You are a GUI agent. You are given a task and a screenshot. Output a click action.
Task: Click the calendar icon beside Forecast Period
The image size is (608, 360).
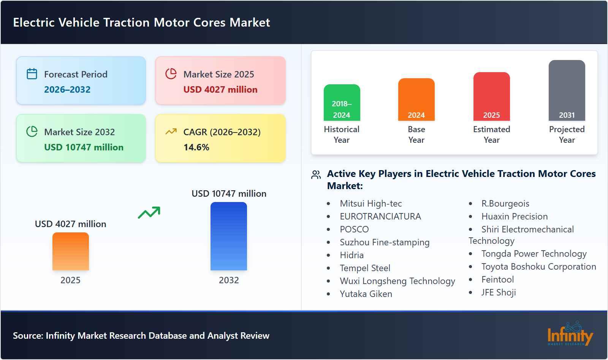click(x=32, y=74)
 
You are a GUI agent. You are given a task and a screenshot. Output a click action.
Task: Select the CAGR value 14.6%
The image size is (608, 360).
click(x=196, y=147)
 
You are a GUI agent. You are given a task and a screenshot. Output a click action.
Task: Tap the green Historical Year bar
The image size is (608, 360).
click(x=342, y=103)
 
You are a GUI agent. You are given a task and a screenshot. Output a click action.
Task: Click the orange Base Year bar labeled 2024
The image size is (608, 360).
click(x=416, y=99)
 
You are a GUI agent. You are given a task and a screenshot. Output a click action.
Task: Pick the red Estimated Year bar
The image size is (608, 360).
click(x=491, y=96)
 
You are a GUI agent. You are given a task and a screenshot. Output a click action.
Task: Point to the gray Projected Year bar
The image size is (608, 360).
click(x=567, y=90)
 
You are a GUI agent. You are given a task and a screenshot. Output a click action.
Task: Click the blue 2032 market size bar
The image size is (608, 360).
click(x=229, y=236)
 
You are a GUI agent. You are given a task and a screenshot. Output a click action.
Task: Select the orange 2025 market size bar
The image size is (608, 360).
click(x=71, y=251)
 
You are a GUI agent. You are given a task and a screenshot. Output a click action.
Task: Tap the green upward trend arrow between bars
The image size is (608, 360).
click(x=149, y=213)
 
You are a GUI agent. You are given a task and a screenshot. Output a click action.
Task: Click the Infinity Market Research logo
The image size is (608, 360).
click(x=570, y=334)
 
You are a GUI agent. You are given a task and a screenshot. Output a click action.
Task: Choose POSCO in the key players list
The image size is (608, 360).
click(x=354, y=229)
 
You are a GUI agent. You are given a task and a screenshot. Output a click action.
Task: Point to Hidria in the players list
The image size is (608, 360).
click(x=351, y=255)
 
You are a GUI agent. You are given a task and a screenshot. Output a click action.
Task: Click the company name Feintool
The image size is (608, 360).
click(x=497, y=279)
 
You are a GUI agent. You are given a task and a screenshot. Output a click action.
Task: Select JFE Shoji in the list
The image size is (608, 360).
click(x=499, y=292)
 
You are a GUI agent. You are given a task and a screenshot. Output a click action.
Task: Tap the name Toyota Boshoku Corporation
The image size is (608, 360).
click(x=538, y=267)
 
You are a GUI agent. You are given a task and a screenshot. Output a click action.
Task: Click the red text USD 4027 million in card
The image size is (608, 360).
click(x=220, y=90)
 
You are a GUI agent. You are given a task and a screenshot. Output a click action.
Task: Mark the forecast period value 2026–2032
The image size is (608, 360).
click(x=67, y=90)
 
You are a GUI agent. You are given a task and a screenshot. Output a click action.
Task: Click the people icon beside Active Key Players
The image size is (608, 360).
click(x=316, y=175)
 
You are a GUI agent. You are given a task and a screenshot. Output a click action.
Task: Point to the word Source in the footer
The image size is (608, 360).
click(x=27, y=336)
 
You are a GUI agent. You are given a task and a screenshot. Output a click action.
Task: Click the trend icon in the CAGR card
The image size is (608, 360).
click(x=171, y=132)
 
